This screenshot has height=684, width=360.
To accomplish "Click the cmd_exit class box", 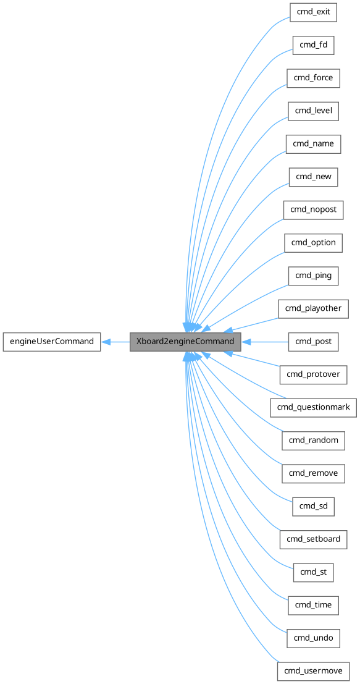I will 313,12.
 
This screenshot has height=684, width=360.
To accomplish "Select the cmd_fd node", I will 313,44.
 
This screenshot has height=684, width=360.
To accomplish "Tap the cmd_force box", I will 313,78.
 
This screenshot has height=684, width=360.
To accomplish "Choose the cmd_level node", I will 313,111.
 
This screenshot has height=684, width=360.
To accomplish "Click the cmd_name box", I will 313,143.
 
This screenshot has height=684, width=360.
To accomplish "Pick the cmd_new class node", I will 313,177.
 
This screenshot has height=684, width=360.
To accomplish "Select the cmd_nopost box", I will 313,209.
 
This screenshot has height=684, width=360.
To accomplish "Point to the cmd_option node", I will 313,242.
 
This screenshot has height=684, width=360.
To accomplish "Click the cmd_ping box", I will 313,276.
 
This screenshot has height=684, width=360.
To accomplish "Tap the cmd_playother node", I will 313,308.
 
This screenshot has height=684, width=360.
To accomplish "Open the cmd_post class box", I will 313,341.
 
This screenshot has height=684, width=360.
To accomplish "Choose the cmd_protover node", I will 313,374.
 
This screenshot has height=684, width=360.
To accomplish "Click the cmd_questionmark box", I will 313,407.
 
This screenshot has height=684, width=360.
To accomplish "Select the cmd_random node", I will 313,440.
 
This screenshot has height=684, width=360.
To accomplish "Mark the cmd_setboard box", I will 313,539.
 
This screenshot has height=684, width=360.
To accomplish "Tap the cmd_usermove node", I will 313,670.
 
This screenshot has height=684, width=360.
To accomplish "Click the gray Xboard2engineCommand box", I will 185,341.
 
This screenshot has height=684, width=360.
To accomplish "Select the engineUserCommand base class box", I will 51,341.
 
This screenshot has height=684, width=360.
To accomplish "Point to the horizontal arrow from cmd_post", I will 266,341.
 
